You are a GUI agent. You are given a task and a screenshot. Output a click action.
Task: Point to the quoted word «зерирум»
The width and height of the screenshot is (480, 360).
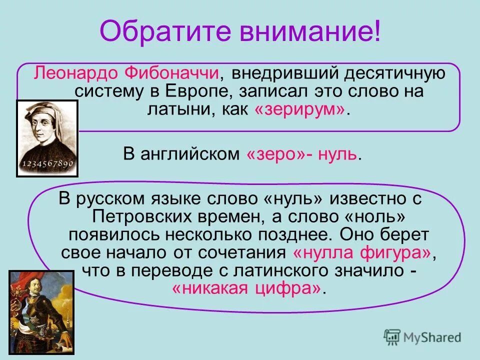click(300, 110)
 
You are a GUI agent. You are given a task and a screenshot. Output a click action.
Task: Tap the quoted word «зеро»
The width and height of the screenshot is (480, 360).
click(274, 154)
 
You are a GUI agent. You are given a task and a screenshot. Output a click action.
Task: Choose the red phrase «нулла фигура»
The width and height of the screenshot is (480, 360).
click(362, 252)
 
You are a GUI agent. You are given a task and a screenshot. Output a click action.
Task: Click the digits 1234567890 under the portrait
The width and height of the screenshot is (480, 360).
click(47, 163)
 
